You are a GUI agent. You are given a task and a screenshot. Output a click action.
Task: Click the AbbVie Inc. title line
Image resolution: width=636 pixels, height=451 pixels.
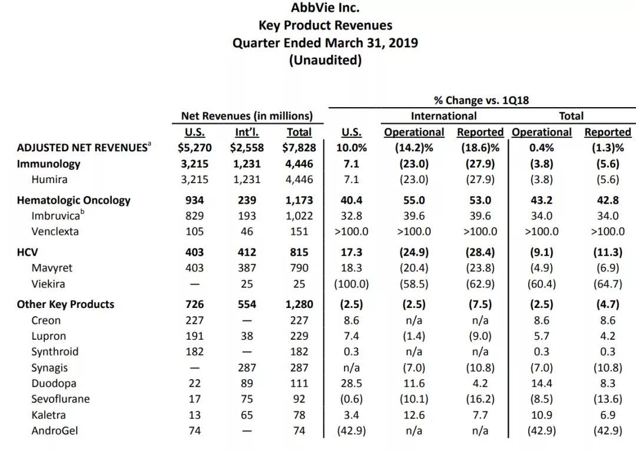(325, 8)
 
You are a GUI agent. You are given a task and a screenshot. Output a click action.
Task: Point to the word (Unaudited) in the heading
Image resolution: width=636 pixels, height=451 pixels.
(325, 60)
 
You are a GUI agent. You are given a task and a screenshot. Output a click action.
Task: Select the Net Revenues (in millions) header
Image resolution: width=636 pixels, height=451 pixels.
(247, 116)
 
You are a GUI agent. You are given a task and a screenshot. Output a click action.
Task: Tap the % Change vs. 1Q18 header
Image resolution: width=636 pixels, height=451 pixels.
(481, 100)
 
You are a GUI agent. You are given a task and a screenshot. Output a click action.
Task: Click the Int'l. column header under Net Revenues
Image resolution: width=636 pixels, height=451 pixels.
(247, 132)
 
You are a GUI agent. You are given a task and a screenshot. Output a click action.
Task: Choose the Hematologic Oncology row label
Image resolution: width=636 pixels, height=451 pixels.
(74, 200)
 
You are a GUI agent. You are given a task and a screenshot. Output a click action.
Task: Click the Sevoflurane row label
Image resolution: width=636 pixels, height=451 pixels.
(61, 399)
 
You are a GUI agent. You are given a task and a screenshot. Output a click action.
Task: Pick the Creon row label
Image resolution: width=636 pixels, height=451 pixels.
(46, 320)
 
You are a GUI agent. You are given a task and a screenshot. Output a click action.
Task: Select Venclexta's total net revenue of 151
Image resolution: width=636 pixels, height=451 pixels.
(299, 231)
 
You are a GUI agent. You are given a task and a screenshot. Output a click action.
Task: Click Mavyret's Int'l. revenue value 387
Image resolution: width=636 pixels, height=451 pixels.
(247, 268)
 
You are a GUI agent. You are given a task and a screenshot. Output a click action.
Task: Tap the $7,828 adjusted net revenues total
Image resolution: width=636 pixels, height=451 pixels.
(299, 148)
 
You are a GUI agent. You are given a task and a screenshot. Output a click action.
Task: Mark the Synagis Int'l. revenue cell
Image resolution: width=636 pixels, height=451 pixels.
(247, 367)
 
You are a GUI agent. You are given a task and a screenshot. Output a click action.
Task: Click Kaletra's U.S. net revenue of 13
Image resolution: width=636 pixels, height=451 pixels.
(194, 415)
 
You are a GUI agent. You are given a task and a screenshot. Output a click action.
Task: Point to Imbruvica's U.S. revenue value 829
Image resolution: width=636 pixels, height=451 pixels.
(194, 216)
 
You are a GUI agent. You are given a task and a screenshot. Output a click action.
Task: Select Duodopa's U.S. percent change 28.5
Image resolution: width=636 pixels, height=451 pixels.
(351, 383)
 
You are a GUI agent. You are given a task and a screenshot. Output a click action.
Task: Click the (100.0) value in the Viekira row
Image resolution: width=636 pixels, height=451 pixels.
(351, 284)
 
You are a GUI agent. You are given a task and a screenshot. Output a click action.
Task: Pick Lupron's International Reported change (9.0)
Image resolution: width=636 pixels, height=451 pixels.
(480, 336)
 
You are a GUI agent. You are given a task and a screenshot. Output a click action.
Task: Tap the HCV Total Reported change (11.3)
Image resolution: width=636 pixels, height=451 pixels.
(607, 253)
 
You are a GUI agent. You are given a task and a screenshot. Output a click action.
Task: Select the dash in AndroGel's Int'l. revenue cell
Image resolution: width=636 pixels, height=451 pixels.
(247, 431)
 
